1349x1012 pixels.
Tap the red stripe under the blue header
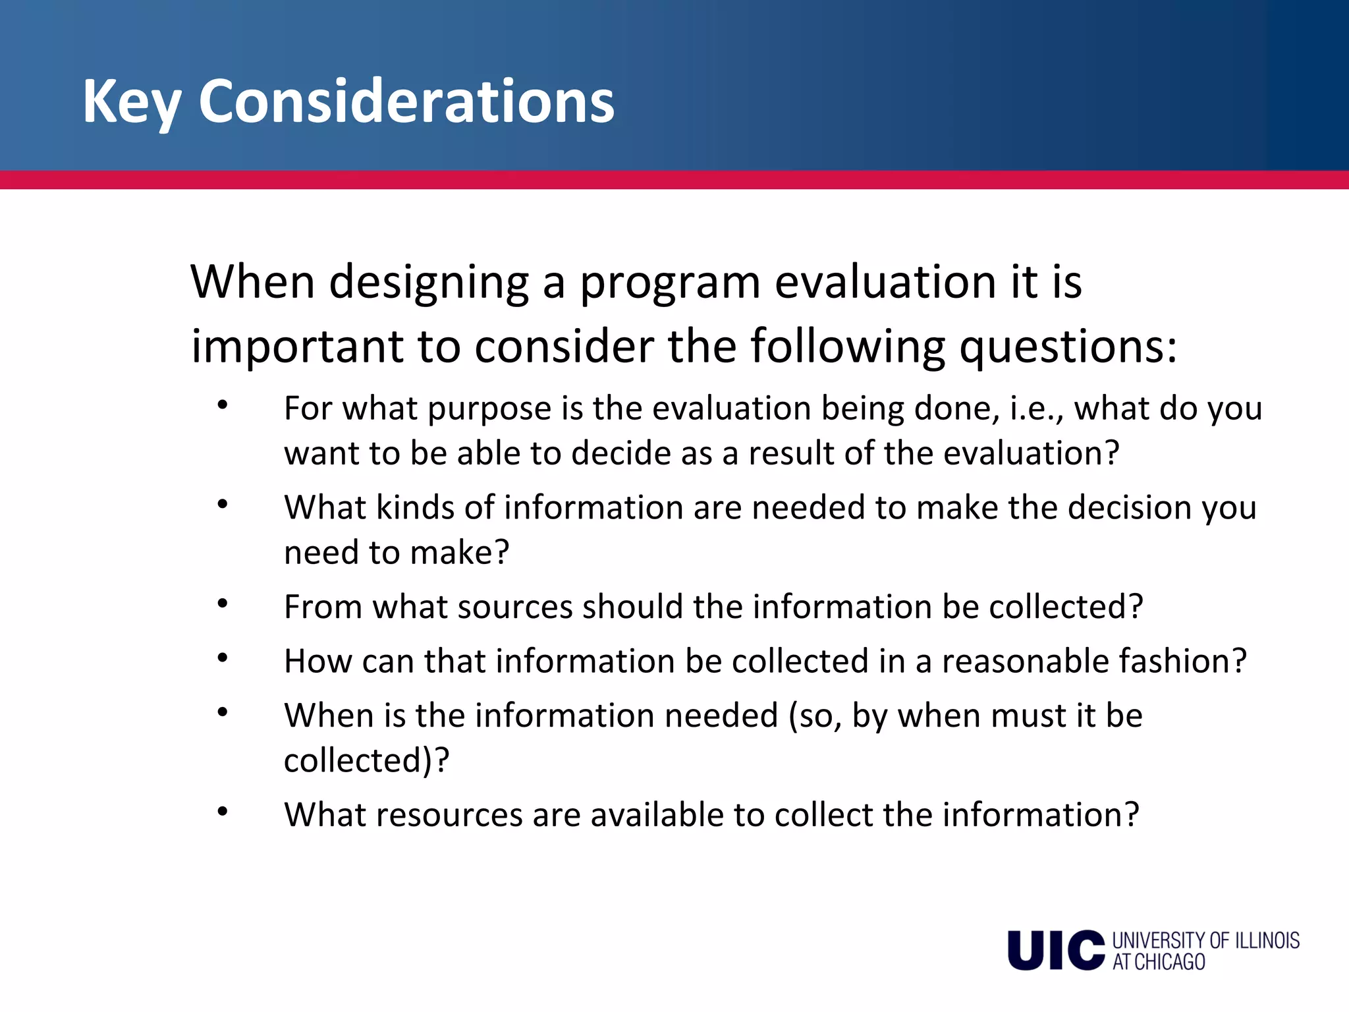click(x=674, y=180)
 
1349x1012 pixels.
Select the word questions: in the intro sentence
click(x=1068, y=347)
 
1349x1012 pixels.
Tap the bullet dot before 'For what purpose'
click(x=223, y=405)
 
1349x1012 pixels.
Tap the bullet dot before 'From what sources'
click(x=223, y=603)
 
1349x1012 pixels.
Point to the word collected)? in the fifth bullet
click(x=366, y=761)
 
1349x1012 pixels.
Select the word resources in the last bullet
click(x=449, y=815)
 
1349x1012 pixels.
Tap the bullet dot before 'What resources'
click(x=223, y=812)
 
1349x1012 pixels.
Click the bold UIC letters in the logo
click(x=1056, y=951)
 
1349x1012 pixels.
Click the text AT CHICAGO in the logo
click(x=1159, y=963)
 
